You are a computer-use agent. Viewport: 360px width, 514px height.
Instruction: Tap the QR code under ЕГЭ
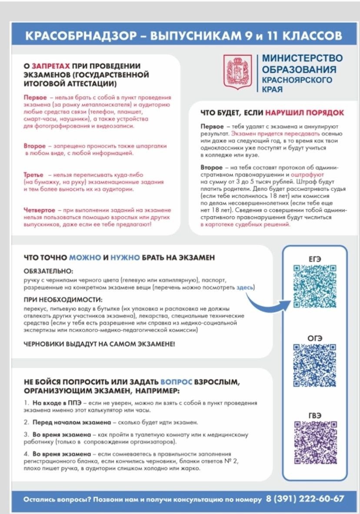pyautogui.click(x=315, y=286)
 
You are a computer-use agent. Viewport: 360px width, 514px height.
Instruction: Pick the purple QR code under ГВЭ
pyautogui.click(x=315, y=442)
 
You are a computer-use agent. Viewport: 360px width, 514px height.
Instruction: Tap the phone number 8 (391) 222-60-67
pyautogui.click(x=305, y=498)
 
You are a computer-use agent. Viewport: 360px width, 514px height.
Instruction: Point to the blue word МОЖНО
pyautogui.click(x=85, y=257)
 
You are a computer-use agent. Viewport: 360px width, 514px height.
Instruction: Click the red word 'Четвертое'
pyautogui.click(x=40, y=210)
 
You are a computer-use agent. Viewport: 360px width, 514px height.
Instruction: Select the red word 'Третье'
pyautogui.click(x=33, y=174)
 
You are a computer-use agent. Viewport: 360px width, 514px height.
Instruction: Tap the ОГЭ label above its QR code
pyautogui.click(x=314, y=338)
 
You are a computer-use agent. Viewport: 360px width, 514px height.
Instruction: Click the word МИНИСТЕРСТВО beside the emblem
pyautogui.click(x=302, y=58)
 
